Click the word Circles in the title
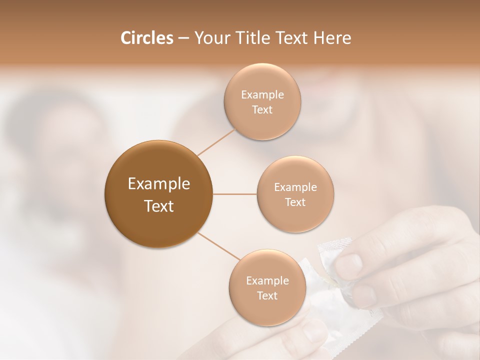pos(146,38)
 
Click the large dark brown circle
pos(158,194)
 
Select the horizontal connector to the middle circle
pos(235,194)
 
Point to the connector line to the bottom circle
pos(218,246)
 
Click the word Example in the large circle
pos(158,184)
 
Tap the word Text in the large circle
pos(158,206)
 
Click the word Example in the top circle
pos(262,95)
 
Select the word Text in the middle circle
pos(295,202)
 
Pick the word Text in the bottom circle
pos(267,296)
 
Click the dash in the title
pos(183,38)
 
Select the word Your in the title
pos(210,38)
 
